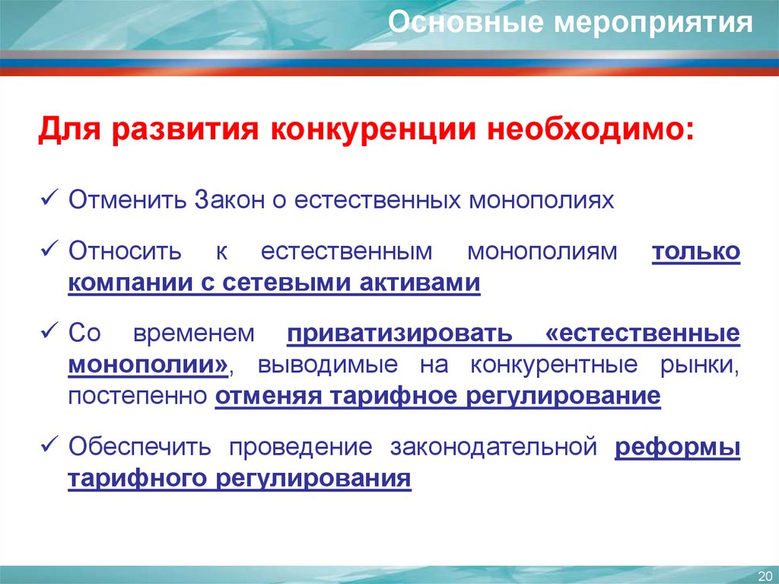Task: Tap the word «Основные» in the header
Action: coord(466,22)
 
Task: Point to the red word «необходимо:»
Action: coord(590,129)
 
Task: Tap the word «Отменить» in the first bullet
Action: coord(127,200)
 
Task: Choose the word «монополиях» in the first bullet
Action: coord(542,201)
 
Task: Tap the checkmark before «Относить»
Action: coord(49,248)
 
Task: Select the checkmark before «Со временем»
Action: coord(49,330)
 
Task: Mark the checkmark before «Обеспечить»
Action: coord(49,443)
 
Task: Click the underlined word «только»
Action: coord(696,252)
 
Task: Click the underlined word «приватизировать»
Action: coord(400,334)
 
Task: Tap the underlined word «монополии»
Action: coord(148,365)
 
